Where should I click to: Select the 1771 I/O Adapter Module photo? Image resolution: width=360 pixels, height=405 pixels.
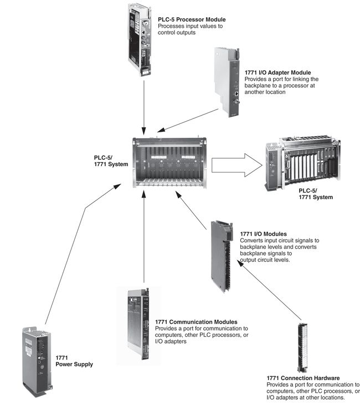click(x=227, y=81)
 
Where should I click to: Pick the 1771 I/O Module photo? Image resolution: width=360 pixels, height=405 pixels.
click(x=223, y=256)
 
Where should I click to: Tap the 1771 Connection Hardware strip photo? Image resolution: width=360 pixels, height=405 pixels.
click(x=302, y=346)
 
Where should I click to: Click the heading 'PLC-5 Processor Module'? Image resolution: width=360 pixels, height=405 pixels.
click(x=192, y=20)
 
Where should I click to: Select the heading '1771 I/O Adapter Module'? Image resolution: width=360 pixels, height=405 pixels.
click(x=277, y=72)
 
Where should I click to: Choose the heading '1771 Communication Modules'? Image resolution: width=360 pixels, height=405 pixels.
click(x=197, y=321)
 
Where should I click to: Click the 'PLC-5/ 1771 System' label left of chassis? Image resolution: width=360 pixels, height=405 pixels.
click(x=111, y=161)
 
